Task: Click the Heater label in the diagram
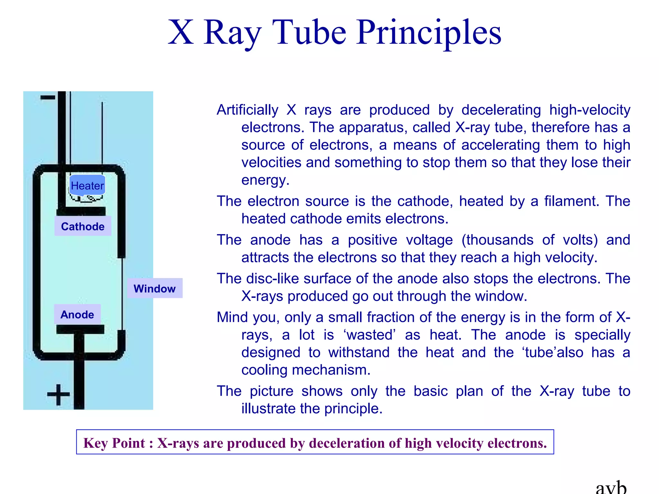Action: click(87, 186)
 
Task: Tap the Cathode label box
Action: click(83, 226)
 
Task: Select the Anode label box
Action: click(77, 315)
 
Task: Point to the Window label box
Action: click(154, 288)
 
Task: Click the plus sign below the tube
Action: click(58, 394)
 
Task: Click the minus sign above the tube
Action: click(48, 97)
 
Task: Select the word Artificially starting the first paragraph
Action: click(247, 110)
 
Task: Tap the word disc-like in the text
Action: click(272, 279)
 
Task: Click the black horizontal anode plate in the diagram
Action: click(80, 329)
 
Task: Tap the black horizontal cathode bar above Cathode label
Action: click(81, 211)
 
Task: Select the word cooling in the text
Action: click(265, 370)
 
